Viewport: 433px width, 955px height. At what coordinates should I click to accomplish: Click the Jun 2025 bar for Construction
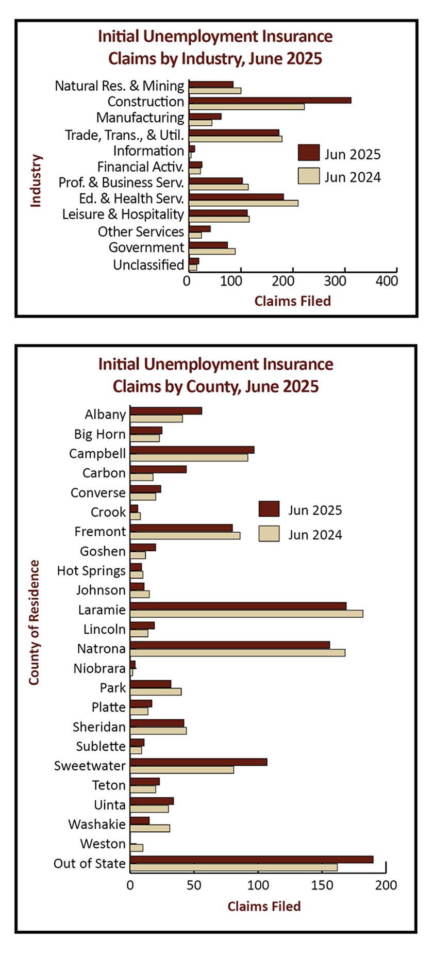(x=270, y=100)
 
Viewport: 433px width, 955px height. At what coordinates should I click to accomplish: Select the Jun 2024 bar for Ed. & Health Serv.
(x=243, y=203)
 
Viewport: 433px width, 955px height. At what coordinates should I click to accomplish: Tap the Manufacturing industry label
(x=140, y=118)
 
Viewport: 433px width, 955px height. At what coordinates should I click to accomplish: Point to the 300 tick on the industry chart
(x=335, y=281)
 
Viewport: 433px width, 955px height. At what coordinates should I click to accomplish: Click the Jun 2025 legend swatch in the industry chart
(x=309, y=153)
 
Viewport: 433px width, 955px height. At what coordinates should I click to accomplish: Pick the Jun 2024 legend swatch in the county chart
(x=269, y=534)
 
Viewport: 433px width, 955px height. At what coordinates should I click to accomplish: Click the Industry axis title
(x=36, y=180)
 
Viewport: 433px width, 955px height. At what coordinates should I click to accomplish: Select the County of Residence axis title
(x=34, y=622)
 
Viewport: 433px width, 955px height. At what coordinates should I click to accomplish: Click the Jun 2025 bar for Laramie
(x=238, y=606)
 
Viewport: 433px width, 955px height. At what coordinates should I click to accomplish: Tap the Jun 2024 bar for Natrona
(x=238, y=653)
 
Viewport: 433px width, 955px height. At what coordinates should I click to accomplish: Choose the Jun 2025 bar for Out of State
(x=252, y=860)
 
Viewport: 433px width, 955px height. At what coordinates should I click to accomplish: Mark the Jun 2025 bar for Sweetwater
(x=198, y=762)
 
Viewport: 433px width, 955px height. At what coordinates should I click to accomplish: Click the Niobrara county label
(x=99, y=669)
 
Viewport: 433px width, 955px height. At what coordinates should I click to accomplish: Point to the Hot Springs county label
(x=91, y=571)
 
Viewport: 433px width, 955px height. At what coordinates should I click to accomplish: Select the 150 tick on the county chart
(x=322, y=885)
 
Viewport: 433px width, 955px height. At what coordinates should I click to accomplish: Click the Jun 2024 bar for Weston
(x=137, y=848)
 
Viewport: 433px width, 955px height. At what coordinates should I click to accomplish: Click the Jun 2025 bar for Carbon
(x=158, y=469)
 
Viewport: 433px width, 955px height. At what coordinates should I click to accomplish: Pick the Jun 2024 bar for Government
(x=212, y=252)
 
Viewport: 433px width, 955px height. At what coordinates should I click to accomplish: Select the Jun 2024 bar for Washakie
(x=150, y=828)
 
